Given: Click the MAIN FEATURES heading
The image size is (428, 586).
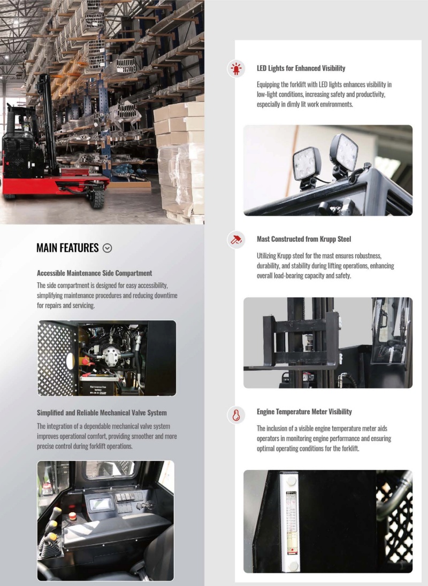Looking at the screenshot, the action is pyautogui.click(x=67, y=248).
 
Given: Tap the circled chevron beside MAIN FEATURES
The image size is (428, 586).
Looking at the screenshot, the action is pyautogui.click(x=108, y=248).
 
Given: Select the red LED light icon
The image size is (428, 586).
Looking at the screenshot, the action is pyautogui.click(x=236, y=69).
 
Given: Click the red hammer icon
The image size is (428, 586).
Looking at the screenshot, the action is pyautogui.click(x=236, y=240).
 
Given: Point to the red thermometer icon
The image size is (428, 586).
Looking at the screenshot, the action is pyautogui.click(x=236, y=415).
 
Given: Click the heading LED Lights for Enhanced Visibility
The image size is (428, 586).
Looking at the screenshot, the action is pyautogui.click(x=301, y=68).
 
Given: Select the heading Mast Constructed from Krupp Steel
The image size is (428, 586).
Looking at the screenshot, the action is pyautogui.click(x=304, y=239).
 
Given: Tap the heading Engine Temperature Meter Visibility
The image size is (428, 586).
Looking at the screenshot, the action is pyautogui.click(x=304, y=412).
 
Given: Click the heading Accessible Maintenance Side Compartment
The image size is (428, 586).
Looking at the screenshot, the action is pyautogui.click(x=94, y=273).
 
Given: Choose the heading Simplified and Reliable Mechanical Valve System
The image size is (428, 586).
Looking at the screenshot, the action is pyautogui.click(x=102, y=413).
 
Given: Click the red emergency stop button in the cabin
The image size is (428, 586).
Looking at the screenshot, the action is pyautogui.click(x=72, y=516).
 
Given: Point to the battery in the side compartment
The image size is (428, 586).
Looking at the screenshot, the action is pyautogui.click(x=98, y=388).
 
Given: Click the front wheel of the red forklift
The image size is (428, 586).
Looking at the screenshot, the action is pyautogui.click(x=97, y=197).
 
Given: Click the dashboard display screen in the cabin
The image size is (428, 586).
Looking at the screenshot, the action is pyautogui.click(x=101, y=504).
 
